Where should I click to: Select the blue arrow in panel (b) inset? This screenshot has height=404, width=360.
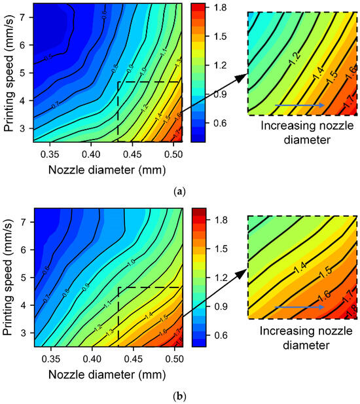click(x=298, y=306)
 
